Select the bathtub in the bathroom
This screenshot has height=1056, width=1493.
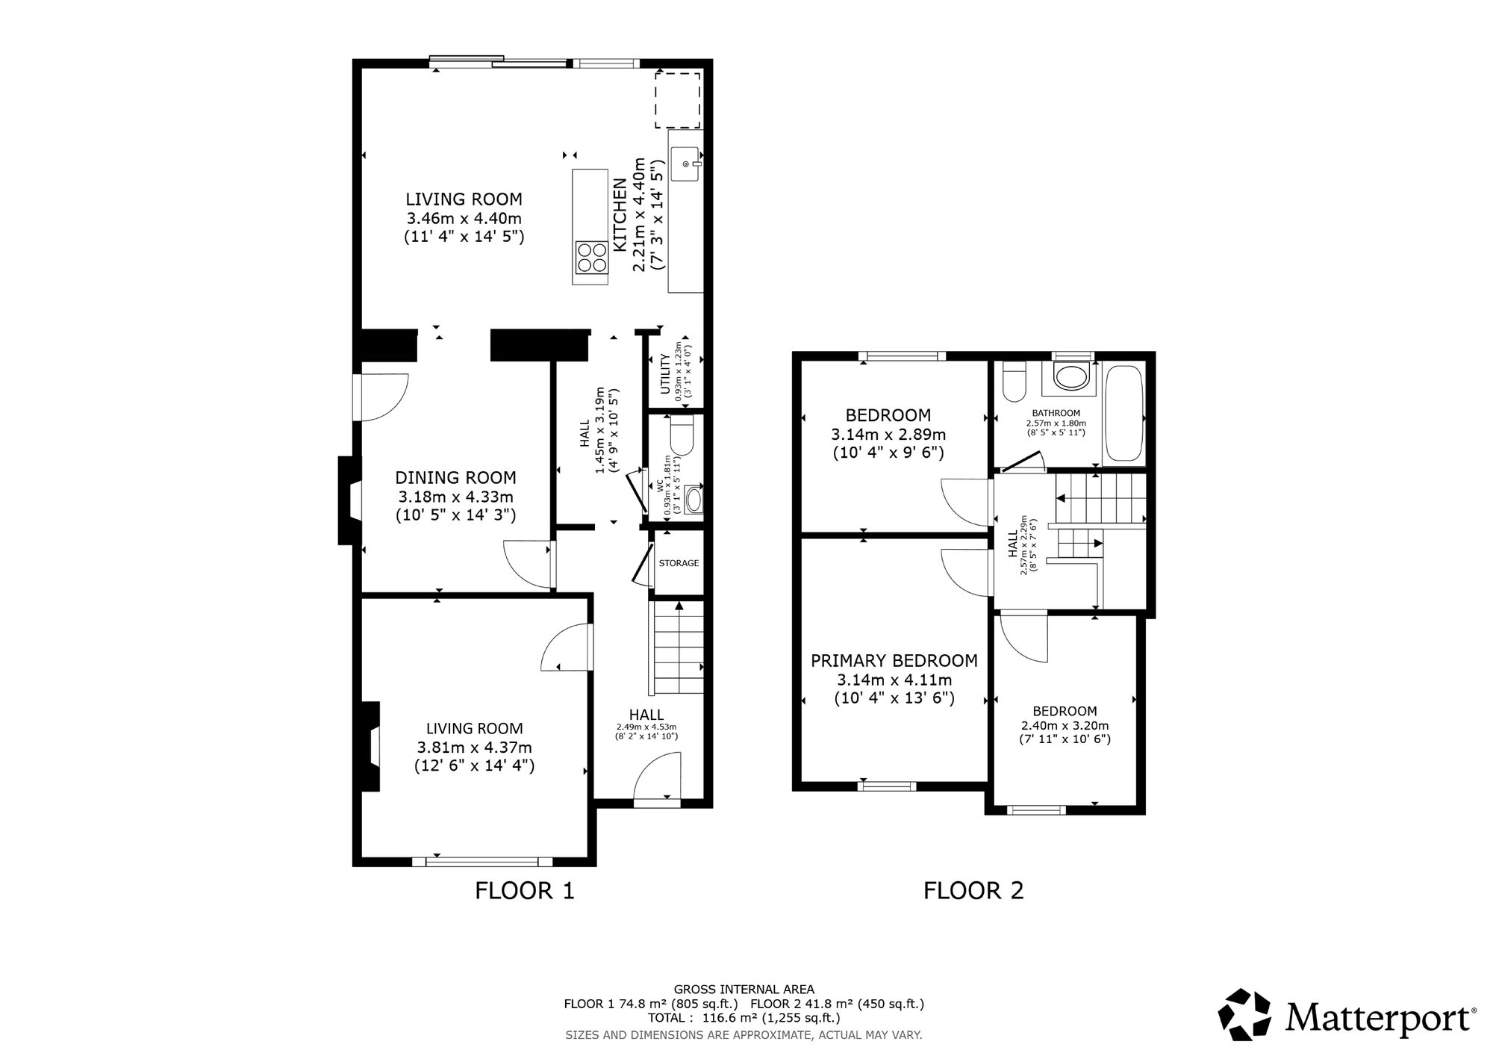pos(1123,413)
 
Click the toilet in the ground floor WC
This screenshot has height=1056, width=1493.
pos(682,435)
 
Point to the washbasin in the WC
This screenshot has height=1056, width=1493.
pos(693,500)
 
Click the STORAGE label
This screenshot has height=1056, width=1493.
pos(679,563)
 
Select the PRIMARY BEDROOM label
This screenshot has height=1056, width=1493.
pos(894,661)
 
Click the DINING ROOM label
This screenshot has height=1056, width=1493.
pos(455,478)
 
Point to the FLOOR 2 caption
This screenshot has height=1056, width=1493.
pos(973,890)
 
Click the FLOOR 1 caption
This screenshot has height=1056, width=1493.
pos(525,890)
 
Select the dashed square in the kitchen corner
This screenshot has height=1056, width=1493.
pos(678,100)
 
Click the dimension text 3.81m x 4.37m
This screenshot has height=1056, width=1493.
pos(475,747)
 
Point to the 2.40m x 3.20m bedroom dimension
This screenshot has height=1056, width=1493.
pos(1065,725)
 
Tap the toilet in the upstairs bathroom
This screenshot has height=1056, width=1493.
pos(1014,382)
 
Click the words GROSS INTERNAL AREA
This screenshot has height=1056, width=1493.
pos(744,990)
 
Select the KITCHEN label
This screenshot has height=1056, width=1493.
pos(619,215)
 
